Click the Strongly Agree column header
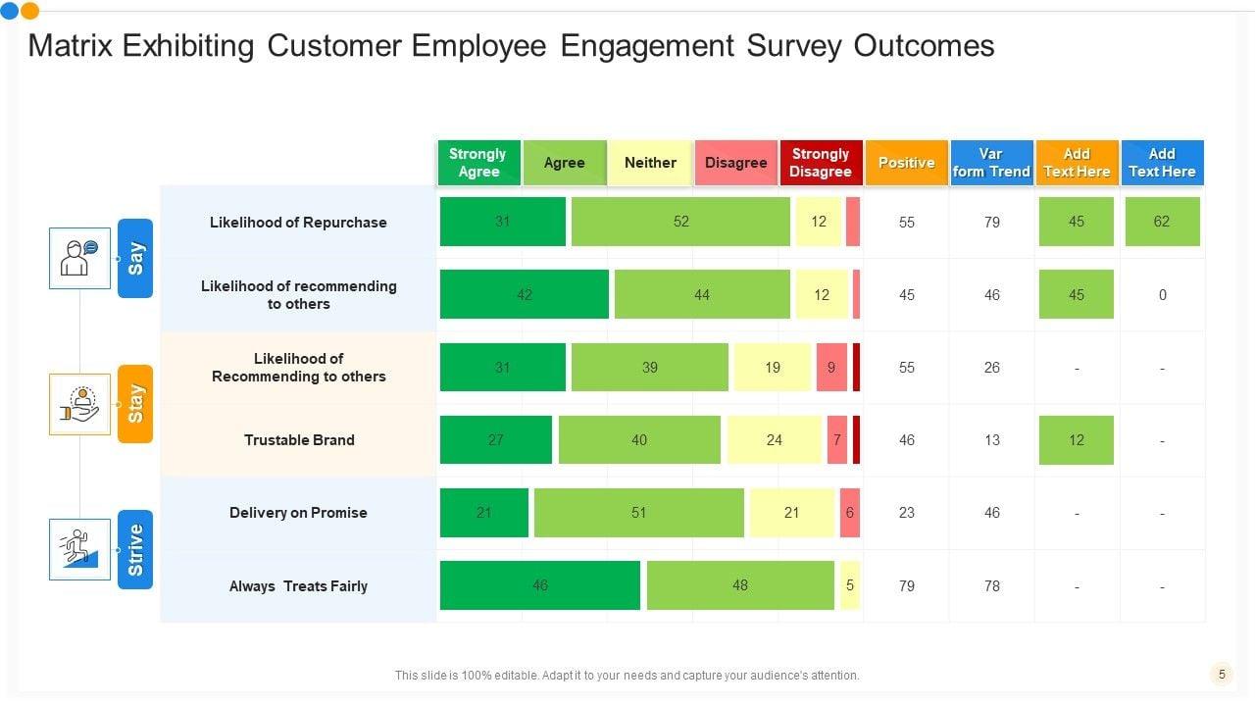click(478, 163)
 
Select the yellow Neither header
click(650, 163)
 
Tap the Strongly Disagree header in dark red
click(821, 163)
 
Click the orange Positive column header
click(906, 163)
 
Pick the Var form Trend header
click(991, 163)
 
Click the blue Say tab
click(135, 258)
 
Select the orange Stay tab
click(135, 403)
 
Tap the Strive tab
click(135, 549)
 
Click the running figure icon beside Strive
click(79, 549)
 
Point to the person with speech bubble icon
click(79, 258)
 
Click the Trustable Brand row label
click(299, 440)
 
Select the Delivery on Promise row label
click(298, 513)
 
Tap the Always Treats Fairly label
click(298, 586)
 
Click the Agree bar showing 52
click(680, 222)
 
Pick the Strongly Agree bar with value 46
click(539, 585)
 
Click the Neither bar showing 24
click(774, 440)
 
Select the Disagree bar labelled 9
click(831, 368)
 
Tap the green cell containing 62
click(1162, 222)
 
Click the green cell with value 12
click(1076, 440)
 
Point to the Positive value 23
click(906, 513)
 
